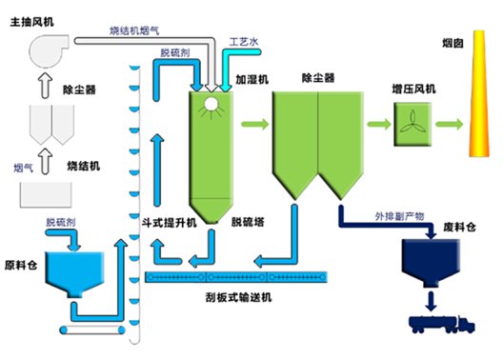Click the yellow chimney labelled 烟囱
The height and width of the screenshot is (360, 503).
click(479, 93)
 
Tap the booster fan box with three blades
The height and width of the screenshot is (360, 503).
click(412, 125)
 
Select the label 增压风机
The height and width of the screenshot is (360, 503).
click(413, 89)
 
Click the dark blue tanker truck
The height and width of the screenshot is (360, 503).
click(442, 325)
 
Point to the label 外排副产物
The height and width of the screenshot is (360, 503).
click(399, 216)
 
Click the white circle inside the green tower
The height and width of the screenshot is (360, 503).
click(211, 104)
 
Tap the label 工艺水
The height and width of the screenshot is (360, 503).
click(244, 42)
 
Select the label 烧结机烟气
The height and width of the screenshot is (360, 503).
click(134, 30)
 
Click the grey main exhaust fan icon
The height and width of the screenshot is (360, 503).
click(49, 50)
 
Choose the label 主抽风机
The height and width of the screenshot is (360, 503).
click(31, 22)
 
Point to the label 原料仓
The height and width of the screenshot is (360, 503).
click(21, 265)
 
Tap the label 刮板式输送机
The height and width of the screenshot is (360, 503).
click(239, 297)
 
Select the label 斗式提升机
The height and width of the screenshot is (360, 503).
click(169, 222)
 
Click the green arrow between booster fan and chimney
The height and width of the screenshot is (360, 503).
click(449, 125)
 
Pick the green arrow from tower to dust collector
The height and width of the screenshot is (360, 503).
click(255, 124)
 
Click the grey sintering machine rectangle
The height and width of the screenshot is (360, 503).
click(46, 194)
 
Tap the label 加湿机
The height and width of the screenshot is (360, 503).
click(252, 79)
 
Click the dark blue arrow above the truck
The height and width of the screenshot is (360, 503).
click(431, 301)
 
